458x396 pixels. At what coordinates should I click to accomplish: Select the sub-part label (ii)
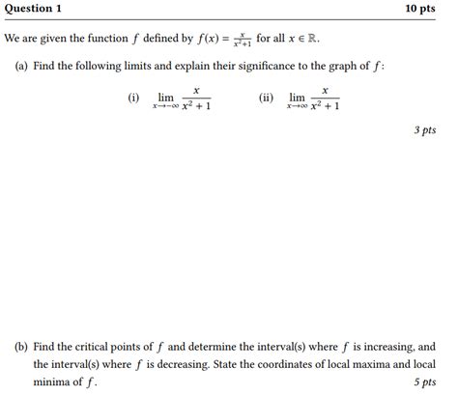tap(266, 98)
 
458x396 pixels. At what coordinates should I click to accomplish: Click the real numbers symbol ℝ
tap(309, 40)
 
